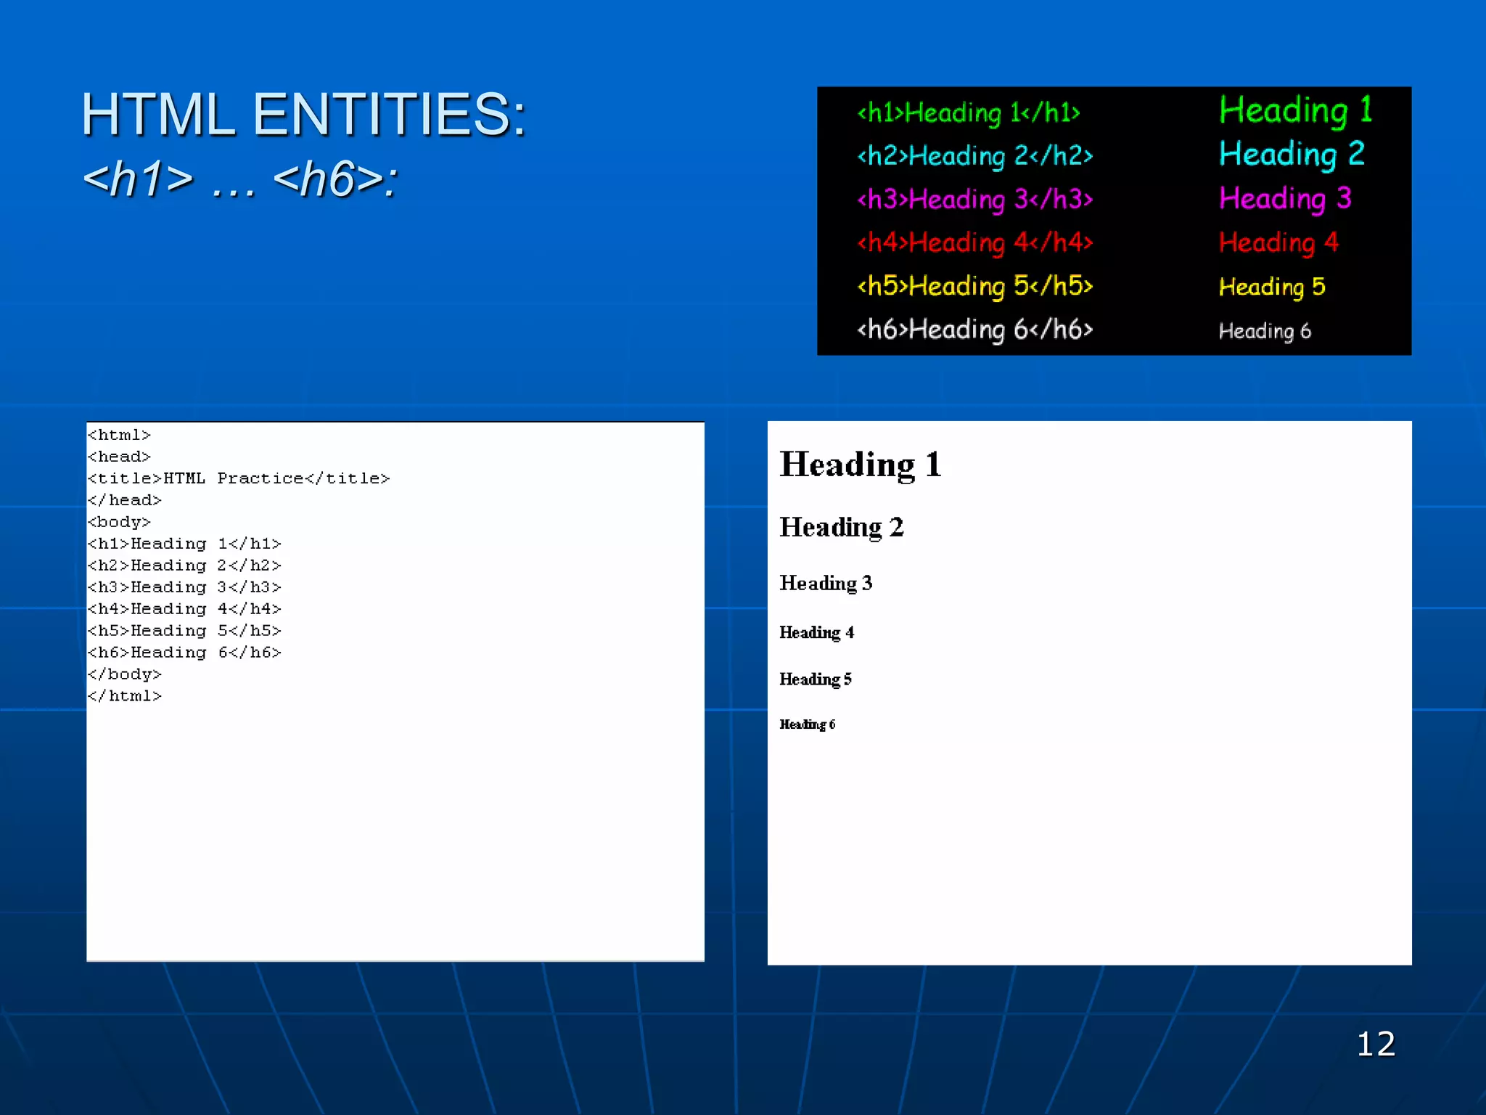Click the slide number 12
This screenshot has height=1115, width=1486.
coord(1376,1044)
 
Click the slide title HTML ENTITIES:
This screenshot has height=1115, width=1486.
coord(303,115)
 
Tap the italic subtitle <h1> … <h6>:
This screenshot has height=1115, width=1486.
coord(240,179)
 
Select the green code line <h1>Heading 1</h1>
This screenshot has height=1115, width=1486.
coord(969,113)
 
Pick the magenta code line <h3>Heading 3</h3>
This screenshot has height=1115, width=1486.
coord(974,199)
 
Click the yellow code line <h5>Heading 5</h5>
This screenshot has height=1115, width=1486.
coord(974,286)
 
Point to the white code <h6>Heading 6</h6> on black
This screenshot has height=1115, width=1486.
coord(974,330)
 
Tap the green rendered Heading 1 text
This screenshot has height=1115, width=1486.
coord(1295,110)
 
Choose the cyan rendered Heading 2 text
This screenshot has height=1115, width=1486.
coord(1292,154)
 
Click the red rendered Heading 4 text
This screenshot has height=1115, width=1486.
coord(1278,242)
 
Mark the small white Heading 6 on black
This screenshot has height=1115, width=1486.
coord(1265,331)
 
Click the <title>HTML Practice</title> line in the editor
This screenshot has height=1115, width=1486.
coord(239,478)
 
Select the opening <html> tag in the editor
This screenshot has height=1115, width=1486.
coord(119,435)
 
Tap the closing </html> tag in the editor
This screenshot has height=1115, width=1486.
coord(124,696)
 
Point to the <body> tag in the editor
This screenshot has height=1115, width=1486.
coord(119,522)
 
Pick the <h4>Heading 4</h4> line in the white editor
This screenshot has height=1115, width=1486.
coord(184,609)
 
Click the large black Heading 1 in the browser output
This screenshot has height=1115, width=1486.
coord(861,465)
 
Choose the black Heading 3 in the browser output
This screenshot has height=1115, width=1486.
coord(826,584)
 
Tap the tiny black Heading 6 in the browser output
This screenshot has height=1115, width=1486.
coord(807,724)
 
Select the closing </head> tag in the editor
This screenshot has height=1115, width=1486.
coord(124,500)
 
